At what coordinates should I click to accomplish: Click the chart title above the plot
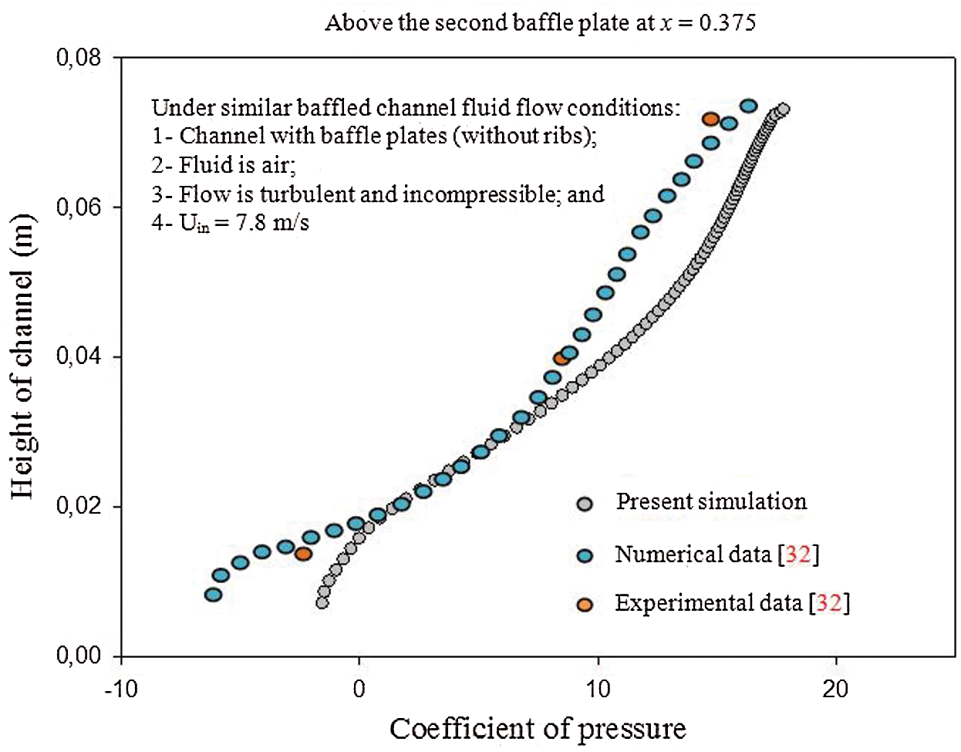pos(540,22)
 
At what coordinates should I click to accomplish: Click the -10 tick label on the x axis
pos(120,688)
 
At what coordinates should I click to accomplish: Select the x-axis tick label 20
pos(836,688)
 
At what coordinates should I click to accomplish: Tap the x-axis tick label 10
pos(598,688)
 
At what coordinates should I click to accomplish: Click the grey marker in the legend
pos(585,504)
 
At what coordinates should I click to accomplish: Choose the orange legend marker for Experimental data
pos(585,605)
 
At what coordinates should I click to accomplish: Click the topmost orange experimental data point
pos(710,120)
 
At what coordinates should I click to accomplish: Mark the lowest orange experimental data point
pos(303,554)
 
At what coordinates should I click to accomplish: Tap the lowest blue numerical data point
pos(213,595)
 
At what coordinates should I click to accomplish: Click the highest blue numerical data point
pos(748,106)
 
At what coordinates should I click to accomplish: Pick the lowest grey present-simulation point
pos(322,602)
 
